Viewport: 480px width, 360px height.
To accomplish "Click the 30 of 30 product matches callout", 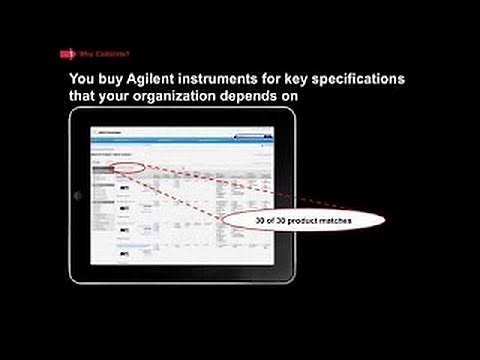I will pyautogui.click(x=288, y=219).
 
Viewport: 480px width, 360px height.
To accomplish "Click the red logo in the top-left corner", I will pyautogui.click(x=67, y=53).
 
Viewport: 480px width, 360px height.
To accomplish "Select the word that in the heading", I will pyautogui.click(x=82, y=98).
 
